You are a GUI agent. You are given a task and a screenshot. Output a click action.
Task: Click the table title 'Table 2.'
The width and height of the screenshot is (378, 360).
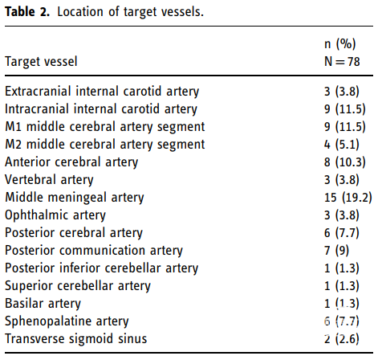click(27, 12)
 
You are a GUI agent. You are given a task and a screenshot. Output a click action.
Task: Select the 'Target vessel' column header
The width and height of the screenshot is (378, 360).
click(41, 62)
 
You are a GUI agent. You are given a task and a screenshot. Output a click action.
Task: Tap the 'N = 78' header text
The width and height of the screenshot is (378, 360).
click(342, 62)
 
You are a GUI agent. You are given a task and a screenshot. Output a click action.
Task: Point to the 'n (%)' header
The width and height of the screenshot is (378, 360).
click(340, 44)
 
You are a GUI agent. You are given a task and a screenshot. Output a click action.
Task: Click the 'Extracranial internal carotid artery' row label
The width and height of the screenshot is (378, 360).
click(102, 92)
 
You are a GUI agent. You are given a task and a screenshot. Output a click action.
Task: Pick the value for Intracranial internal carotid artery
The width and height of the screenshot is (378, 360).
click(345, 109)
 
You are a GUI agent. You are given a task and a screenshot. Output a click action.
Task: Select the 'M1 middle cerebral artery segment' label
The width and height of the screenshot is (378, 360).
click(105, 127)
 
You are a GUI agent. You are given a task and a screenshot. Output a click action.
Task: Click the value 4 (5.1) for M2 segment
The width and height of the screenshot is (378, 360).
click(342, 145)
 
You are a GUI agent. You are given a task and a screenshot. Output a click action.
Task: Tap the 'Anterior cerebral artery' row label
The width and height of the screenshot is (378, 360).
click(71, 162)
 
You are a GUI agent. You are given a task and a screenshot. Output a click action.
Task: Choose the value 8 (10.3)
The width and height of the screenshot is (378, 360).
click(345, 162)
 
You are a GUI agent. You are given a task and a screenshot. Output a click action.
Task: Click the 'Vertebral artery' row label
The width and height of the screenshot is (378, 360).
click(49, 180)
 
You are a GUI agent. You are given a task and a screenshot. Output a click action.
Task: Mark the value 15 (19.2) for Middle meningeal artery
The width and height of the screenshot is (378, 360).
click(348, 198)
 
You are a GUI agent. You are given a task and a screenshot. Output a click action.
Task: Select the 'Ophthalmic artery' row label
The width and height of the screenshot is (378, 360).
click(55, 215)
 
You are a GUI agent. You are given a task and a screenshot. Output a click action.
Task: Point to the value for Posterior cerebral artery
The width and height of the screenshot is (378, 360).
click(342, 233)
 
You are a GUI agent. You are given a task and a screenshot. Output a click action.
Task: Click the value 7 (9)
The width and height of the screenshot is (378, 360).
click(337, 251)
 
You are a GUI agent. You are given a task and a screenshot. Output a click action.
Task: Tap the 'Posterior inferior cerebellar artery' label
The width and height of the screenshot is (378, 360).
click(102, 268)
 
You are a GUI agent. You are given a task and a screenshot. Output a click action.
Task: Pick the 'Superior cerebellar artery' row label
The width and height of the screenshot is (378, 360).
click(78, 286)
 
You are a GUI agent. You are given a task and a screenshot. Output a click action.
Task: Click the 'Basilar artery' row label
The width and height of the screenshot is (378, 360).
click(43, 304)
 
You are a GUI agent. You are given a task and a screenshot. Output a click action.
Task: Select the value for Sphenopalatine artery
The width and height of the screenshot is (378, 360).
click(342, 321)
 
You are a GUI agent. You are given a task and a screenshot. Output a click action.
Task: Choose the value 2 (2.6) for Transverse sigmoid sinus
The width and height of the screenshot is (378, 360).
click(342, 339)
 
